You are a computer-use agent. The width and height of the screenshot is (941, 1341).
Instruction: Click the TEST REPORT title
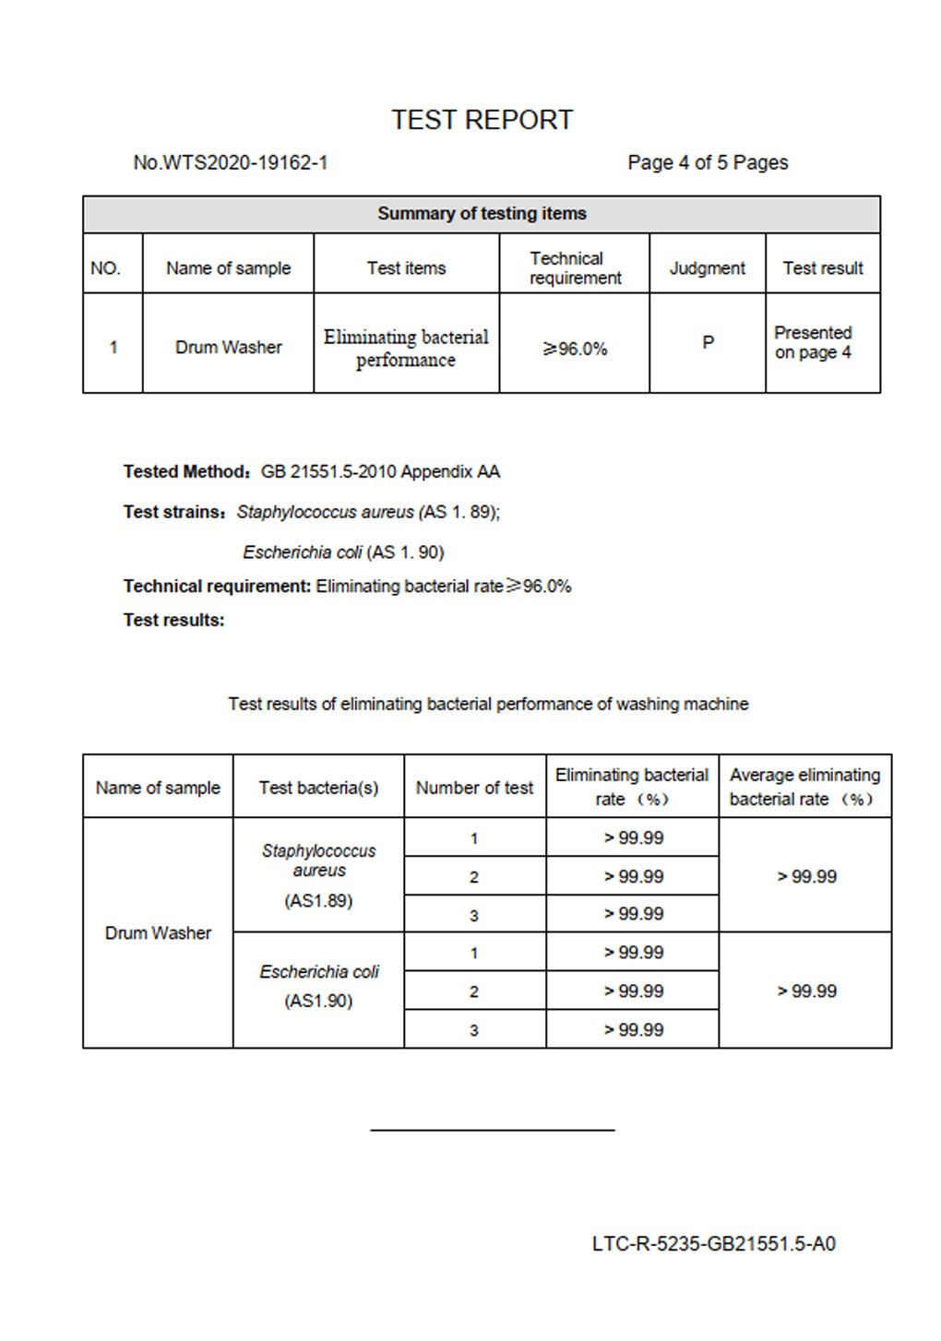pyautogui.click(x=482, y=120)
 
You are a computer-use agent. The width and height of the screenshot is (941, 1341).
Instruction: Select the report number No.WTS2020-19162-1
pyautogui.click(x=231, y=163)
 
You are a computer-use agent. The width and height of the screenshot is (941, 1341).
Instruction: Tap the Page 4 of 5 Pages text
pyautogui.click(x=708, y=163)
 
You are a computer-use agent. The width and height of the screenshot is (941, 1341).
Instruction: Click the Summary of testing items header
pyautogui.click(x=482, y=214)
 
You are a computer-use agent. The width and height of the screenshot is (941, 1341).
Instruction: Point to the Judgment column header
pyautogui.click(x=707, y=268)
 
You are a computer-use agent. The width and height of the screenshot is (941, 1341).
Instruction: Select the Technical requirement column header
pyautogui.click(x=575, y=268)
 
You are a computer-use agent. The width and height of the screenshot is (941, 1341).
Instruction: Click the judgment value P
pyautogui.click(x=708, y=343)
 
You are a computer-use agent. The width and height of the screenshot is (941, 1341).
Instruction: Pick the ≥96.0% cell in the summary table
pyautogui.click(x=575, y=349)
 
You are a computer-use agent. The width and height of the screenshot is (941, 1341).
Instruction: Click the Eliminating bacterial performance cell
pyautogui.click(x=406, y=348)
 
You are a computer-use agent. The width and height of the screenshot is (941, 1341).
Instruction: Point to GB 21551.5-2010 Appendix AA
pyautogui.click(x=380, y=472)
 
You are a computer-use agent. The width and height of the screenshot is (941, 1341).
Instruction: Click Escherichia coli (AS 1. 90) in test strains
pyautogui.click(x=343, y=552)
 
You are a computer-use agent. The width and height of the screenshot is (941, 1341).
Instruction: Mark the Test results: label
pyautogui.click(x=173, y=621)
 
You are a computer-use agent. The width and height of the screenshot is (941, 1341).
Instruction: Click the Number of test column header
pyautogui.click(x=474, y=788)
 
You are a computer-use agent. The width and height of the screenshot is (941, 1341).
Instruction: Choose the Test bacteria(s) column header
pyautogui.click(x=318, y=788)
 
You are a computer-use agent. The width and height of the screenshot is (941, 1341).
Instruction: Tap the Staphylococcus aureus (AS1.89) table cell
pyautogui.click(x=318, y=874)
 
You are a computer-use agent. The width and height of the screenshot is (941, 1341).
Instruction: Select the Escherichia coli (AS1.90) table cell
pyautogui.click(x=318, y=986)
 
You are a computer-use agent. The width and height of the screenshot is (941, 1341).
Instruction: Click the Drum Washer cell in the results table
pyautogui.click(x=158, y=933)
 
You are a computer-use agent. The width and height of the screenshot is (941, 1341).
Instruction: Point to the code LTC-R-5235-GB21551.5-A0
pyautogui.click(x=713, y=1244)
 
